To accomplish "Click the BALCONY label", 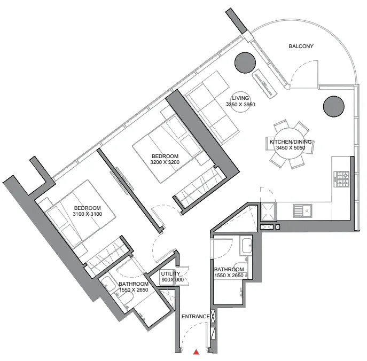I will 301,46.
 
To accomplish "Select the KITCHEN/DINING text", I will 291,142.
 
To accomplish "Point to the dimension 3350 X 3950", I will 240,105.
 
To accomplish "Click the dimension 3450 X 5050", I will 291,148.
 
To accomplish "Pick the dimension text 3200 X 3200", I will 165,162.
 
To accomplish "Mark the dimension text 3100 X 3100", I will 87,214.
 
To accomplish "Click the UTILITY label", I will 171,274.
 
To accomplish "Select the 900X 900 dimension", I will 171,280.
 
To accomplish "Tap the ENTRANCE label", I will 195,317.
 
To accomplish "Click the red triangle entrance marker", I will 197,351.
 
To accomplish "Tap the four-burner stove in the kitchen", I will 341,179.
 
